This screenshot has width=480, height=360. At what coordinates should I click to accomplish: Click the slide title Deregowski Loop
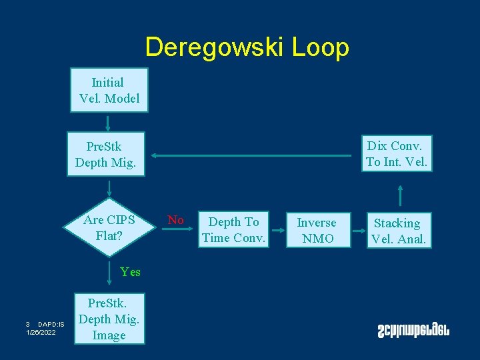tap(247, 47)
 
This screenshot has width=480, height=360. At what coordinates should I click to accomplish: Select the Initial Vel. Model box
tap(108, 91)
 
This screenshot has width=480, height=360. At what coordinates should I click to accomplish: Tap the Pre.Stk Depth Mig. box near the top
tap(105, 155)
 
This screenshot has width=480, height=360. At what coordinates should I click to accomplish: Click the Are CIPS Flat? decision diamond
tap(109, 227)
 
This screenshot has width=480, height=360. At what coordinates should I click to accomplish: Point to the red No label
tap(176, 219)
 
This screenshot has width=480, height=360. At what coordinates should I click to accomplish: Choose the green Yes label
tap(130, 271)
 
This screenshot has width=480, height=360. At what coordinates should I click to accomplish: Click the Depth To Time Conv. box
tap(233, 229)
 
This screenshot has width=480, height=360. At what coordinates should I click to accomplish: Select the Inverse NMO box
tap(317, 230)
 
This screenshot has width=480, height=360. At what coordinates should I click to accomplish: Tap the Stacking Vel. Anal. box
tap(398, 231)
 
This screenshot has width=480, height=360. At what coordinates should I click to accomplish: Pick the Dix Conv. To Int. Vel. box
tap(396, 153)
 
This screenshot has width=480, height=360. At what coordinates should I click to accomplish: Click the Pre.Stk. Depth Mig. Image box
tap(108, 319)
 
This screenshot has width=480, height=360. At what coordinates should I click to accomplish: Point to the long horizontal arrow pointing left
tap(250, 156)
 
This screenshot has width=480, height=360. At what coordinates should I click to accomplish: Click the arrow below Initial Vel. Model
tap(107, 123)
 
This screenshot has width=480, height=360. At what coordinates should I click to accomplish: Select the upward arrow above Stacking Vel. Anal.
tap(400, 195)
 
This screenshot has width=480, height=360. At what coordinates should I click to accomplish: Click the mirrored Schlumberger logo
tap(413, 329)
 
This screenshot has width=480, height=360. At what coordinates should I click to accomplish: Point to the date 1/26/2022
tap(41, 332)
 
